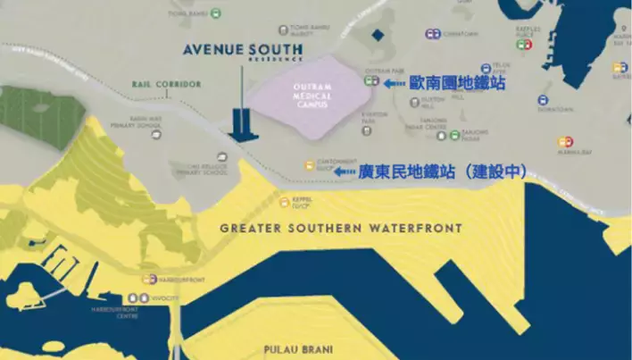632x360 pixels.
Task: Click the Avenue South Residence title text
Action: [x=241, y=50]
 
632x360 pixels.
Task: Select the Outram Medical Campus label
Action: [x=306, y=97]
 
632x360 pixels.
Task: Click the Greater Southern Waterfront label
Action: [x=342, y=229]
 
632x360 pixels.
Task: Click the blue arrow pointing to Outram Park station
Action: [x=394, y=83]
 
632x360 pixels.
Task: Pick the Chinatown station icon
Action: [x=433, y=35]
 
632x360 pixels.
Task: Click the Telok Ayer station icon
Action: [x=486, y=68]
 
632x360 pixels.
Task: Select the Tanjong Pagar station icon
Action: [x=454, y=135]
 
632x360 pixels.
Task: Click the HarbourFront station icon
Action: [x=151, y=279]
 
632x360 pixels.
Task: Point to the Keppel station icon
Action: [x=285, y=201]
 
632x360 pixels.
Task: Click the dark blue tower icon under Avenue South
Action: [x=241, y=121]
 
